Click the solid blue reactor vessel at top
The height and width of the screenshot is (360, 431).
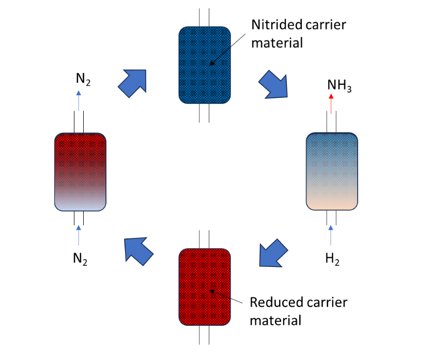204,65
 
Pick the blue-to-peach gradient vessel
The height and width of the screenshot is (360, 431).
331,171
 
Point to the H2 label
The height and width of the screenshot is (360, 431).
332,259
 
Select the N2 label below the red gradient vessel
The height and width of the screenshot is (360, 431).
80,258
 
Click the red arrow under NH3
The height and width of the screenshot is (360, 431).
331,102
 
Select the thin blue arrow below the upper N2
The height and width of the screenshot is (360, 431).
79,100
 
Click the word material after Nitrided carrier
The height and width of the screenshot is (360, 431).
276,42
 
